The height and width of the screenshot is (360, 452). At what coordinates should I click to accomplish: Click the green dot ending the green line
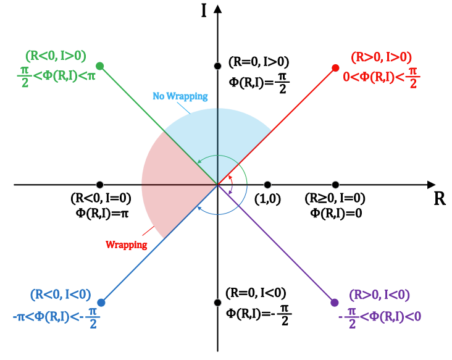pos(100,66)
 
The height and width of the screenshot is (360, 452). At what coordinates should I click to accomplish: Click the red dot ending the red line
pos(335,67)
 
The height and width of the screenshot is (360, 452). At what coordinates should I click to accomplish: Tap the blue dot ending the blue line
pos(101,303)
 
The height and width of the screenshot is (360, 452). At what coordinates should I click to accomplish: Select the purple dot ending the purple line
pos(335,303)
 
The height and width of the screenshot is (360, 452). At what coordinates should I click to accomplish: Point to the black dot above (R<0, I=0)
pos(100,185)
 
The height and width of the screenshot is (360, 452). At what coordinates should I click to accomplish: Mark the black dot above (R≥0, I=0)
pos(335,185)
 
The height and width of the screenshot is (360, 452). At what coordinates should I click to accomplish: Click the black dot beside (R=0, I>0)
pos(217,66)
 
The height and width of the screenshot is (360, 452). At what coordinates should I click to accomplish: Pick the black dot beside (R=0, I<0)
pos(217,303)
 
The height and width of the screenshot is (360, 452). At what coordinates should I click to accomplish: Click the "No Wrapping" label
pos(180,97)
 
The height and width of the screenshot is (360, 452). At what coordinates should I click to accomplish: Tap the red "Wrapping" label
pos(127,245)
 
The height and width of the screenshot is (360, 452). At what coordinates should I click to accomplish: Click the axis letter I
pos(204,11)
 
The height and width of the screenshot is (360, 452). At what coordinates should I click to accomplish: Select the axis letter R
pos(440,199)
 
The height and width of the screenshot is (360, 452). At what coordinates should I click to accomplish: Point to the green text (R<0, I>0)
pos(56,54)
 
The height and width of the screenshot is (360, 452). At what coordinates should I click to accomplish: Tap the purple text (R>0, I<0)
pos(380,295)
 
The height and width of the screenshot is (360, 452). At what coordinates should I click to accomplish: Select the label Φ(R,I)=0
pos(335,212)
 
